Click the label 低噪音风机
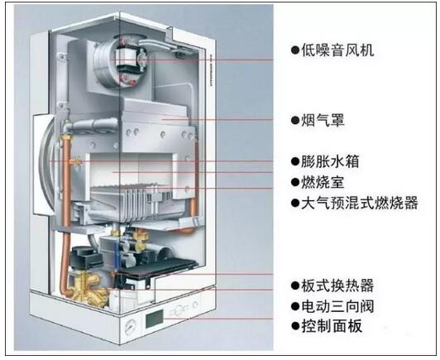(x=337, y=50)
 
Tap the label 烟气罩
(x=323, y=120)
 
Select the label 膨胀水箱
(x=330, y=161)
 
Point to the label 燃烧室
(x=323, y=182)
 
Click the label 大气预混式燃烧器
(x=360, y=203)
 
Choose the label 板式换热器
(x=337, y=286)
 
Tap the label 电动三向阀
(x=337, y=306)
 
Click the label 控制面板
(x=332, y=326)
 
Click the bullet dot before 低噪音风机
(x=295, y=50)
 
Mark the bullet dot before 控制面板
(x=295, y=326)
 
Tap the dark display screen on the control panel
(x=154, y=319)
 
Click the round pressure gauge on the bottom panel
(x=131, y=327)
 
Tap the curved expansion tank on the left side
(x=46, y=166)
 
